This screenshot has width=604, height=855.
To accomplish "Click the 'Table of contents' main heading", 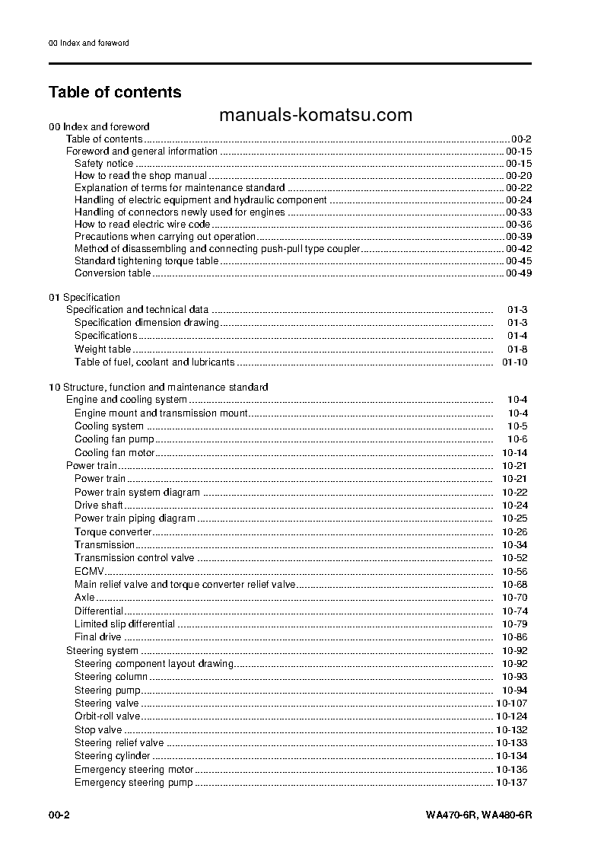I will pyautogui.click(x=115, y=92).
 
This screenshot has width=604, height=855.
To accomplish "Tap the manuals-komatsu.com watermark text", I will pyautogui.click(x=315, y=115).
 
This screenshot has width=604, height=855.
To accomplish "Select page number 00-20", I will pyautogui.click(x=518, y=175).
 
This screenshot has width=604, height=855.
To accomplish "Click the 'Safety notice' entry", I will pyautogui.click(x=104, y=163).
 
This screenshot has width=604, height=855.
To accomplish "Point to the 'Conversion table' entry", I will pyautogui.click(x=113, y=273).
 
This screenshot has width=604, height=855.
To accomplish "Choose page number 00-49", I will pyautogui.click(x=518, y=273).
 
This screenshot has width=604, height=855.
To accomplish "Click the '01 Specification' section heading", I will pyautogui.click(x=84, y=297).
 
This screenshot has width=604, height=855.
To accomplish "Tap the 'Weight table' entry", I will pyautogui.click(x=103, y=349).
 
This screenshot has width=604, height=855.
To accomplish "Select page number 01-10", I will pyautogui.click(x=514, y=362).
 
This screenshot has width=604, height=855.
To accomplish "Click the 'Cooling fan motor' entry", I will pyautogui.click(x=115, y=452).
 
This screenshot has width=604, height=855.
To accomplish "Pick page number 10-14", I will pyautogui.click(x=514, y=452).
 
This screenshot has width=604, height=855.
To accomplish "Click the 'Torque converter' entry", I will pyautogui.click(x=113, y=531).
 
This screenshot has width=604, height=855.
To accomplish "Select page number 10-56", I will pyautogui.click(x=514, y=571).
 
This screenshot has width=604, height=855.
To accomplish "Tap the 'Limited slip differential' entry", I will pyautogui.click(x=125, y=624).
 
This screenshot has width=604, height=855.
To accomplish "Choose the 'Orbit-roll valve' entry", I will pyautogui.click(x=107, y=716).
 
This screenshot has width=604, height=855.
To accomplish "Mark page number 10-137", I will pyautogui.click(x=511, y=782).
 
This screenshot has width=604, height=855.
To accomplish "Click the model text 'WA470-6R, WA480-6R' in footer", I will pyautogui.click(x=478, y=815).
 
